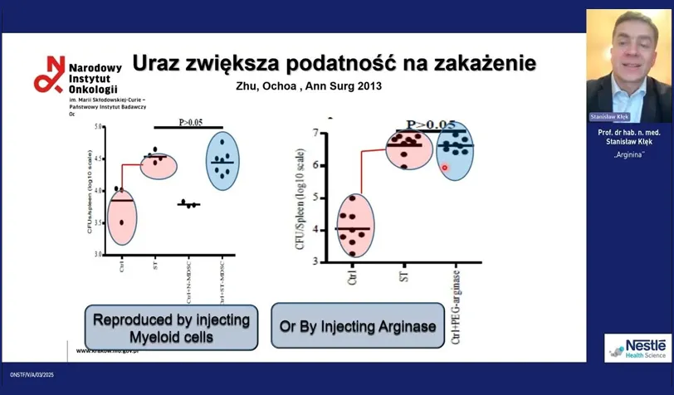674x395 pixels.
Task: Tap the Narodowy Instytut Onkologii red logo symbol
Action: [48, 74]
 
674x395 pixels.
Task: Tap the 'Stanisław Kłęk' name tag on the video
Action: [609, 117]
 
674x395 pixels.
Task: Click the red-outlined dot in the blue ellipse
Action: [445, 168]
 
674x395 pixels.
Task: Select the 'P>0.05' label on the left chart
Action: [191, 123]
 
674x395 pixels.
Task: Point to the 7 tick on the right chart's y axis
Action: [316, 133]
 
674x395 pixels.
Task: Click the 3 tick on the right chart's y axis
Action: [316, 261]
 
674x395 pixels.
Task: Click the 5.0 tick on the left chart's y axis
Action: [99, 127]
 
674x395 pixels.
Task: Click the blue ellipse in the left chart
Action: [220, 159]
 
